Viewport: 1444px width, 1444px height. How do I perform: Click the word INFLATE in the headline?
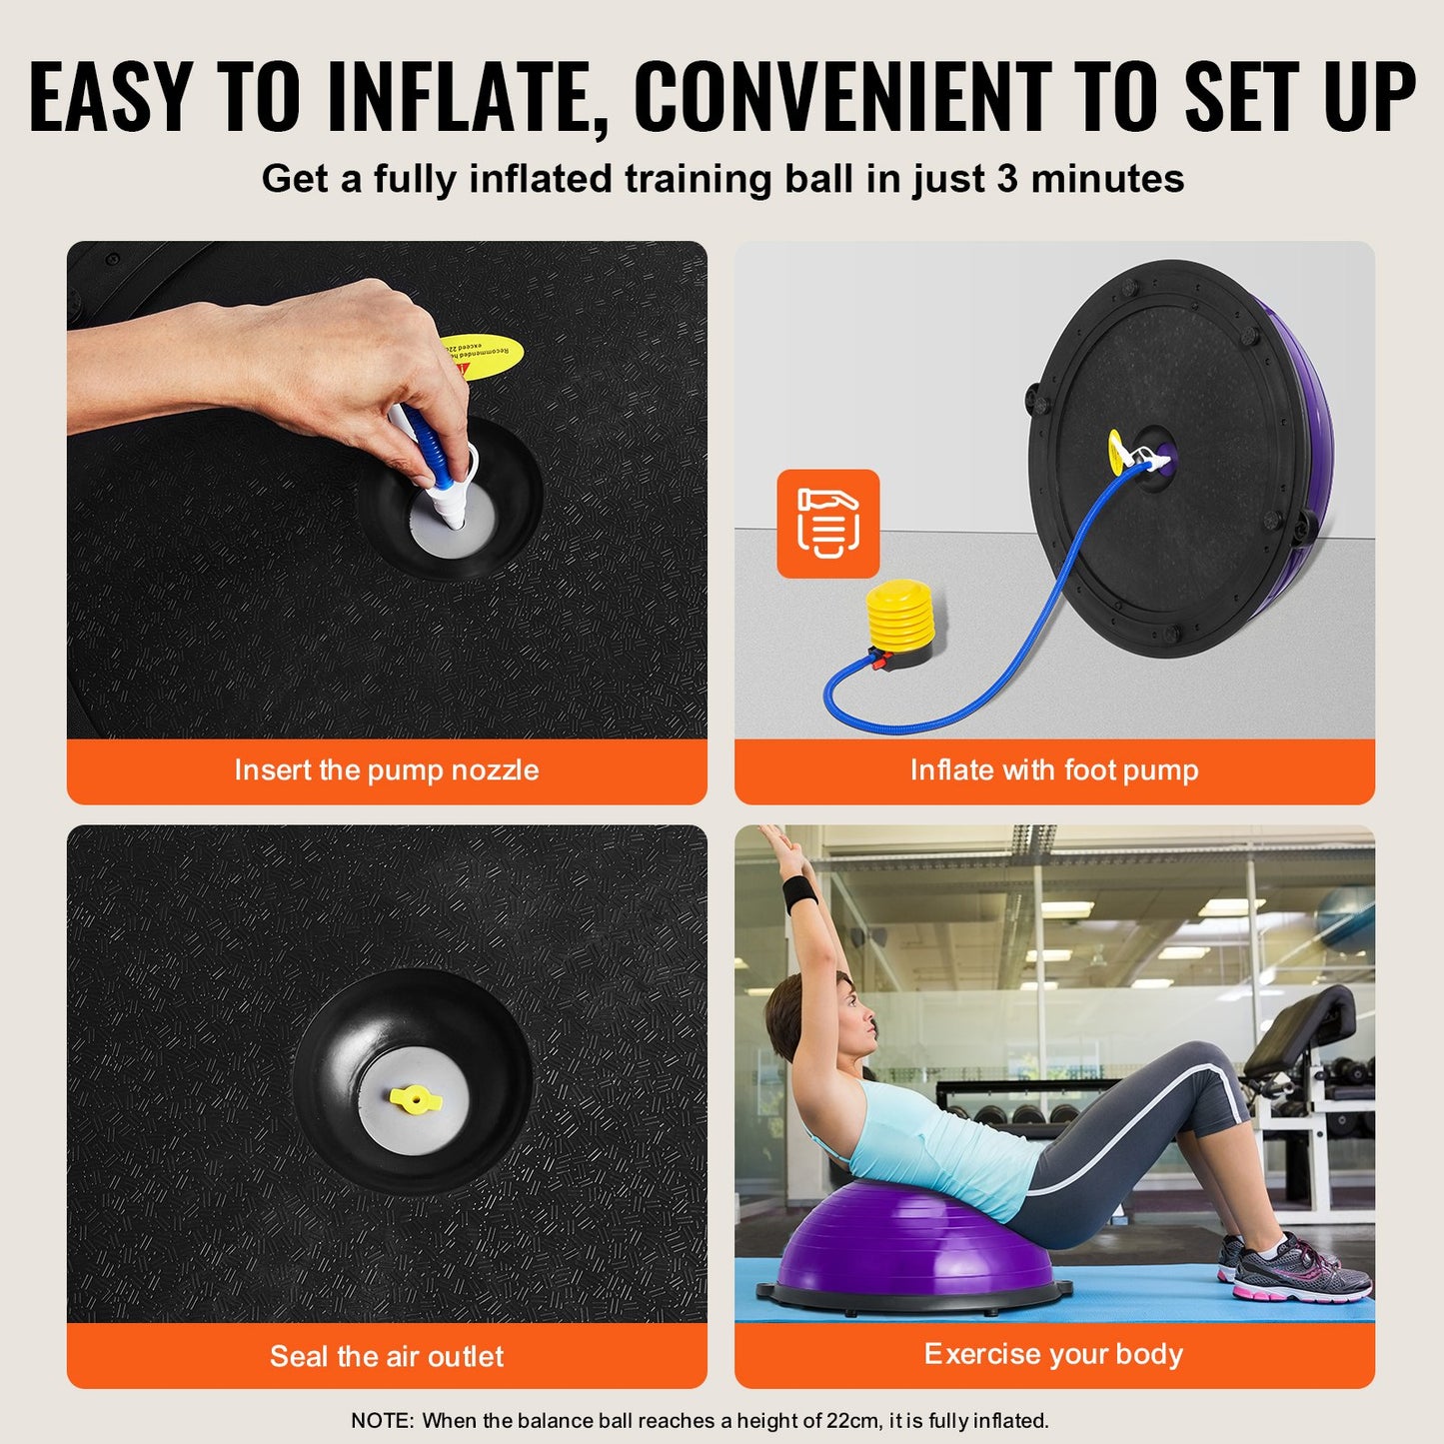point(468,98)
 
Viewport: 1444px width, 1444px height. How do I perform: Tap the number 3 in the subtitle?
point(1007,179)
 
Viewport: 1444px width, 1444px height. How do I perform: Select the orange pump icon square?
point(828,524)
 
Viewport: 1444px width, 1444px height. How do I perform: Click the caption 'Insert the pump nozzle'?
point(386,770)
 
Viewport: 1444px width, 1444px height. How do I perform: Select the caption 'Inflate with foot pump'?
point(1053,770)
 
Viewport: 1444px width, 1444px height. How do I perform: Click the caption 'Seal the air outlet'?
point(386,1356)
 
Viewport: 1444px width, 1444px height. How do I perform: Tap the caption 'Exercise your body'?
point(1053,1354)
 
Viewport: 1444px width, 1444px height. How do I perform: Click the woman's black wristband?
point(800,894)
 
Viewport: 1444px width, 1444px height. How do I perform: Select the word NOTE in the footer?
point(381,1420)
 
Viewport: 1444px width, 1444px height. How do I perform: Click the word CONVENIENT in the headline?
point(841,98)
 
